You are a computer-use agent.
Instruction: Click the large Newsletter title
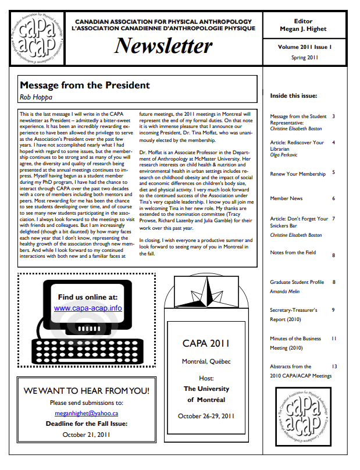point(163,45)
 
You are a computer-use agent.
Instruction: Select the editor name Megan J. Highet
point(304,30)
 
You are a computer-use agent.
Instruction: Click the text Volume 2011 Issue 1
point(304,48)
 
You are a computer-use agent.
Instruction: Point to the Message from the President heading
point(85,86)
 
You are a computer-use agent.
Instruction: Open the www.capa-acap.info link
point(88,308)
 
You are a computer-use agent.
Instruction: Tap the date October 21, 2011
point(87,434)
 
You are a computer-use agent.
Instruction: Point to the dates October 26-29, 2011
point(206,416)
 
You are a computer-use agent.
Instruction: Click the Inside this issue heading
point(293,95)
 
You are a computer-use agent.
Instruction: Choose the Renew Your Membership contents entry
point(298,173)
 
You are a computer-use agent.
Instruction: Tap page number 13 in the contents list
point(334,366)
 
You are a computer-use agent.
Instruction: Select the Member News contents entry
point(286,198)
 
